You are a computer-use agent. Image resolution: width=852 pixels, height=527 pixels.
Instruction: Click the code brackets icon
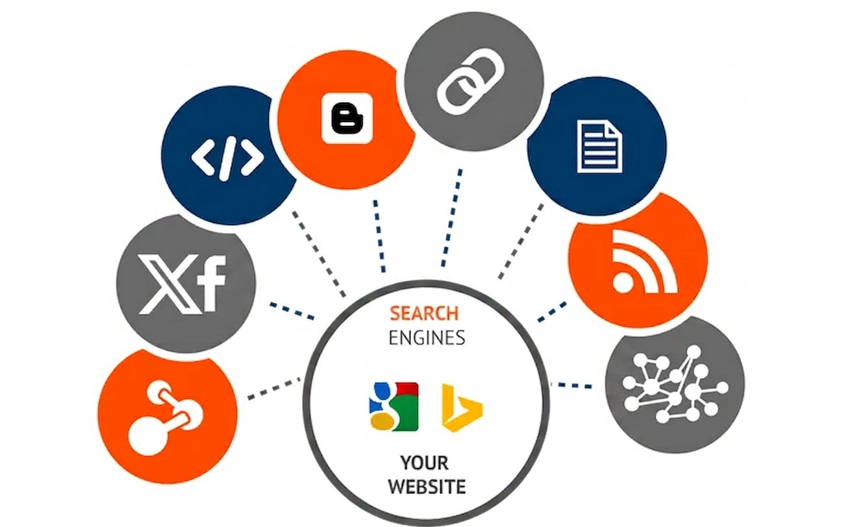227,157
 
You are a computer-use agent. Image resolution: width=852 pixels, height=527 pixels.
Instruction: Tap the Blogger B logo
347,118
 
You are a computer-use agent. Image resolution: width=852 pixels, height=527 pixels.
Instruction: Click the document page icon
599,147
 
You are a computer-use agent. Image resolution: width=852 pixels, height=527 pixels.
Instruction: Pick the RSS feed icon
645,262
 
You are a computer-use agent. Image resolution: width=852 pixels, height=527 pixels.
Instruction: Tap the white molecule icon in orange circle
166,417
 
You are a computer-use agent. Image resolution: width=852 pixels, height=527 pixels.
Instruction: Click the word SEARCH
424,313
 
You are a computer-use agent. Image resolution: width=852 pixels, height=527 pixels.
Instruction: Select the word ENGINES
427,337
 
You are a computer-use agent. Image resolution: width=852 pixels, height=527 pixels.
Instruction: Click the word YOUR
425,463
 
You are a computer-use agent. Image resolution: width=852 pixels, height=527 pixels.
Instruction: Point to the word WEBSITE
427,487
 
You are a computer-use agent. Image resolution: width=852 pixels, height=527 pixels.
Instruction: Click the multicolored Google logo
394,406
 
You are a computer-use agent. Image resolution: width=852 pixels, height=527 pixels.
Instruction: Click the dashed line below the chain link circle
451,218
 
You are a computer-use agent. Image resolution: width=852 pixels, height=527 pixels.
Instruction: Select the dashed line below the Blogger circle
379,236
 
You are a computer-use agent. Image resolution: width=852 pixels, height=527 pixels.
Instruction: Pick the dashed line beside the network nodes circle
571,385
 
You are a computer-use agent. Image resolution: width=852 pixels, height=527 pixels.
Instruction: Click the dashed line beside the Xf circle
292,310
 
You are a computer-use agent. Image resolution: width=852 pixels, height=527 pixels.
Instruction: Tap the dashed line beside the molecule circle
274,388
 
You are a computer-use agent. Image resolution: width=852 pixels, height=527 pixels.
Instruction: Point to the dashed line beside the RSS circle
552,312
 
